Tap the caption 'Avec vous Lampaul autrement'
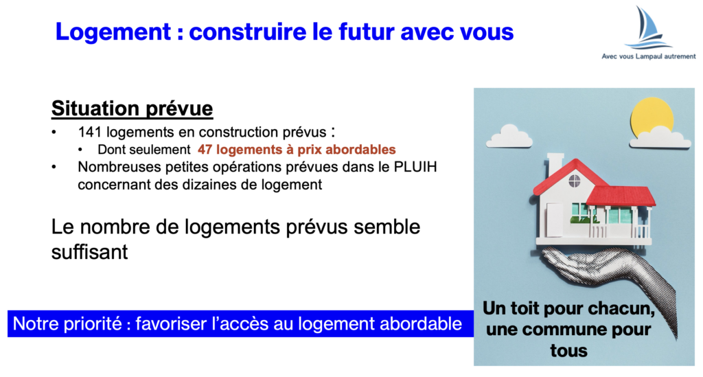648,56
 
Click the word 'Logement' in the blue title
113,32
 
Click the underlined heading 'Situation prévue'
132,108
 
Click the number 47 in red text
205,149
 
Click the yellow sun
652,117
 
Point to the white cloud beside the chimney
509,137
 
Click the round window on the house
575,181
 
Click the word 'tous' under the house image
568,350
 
